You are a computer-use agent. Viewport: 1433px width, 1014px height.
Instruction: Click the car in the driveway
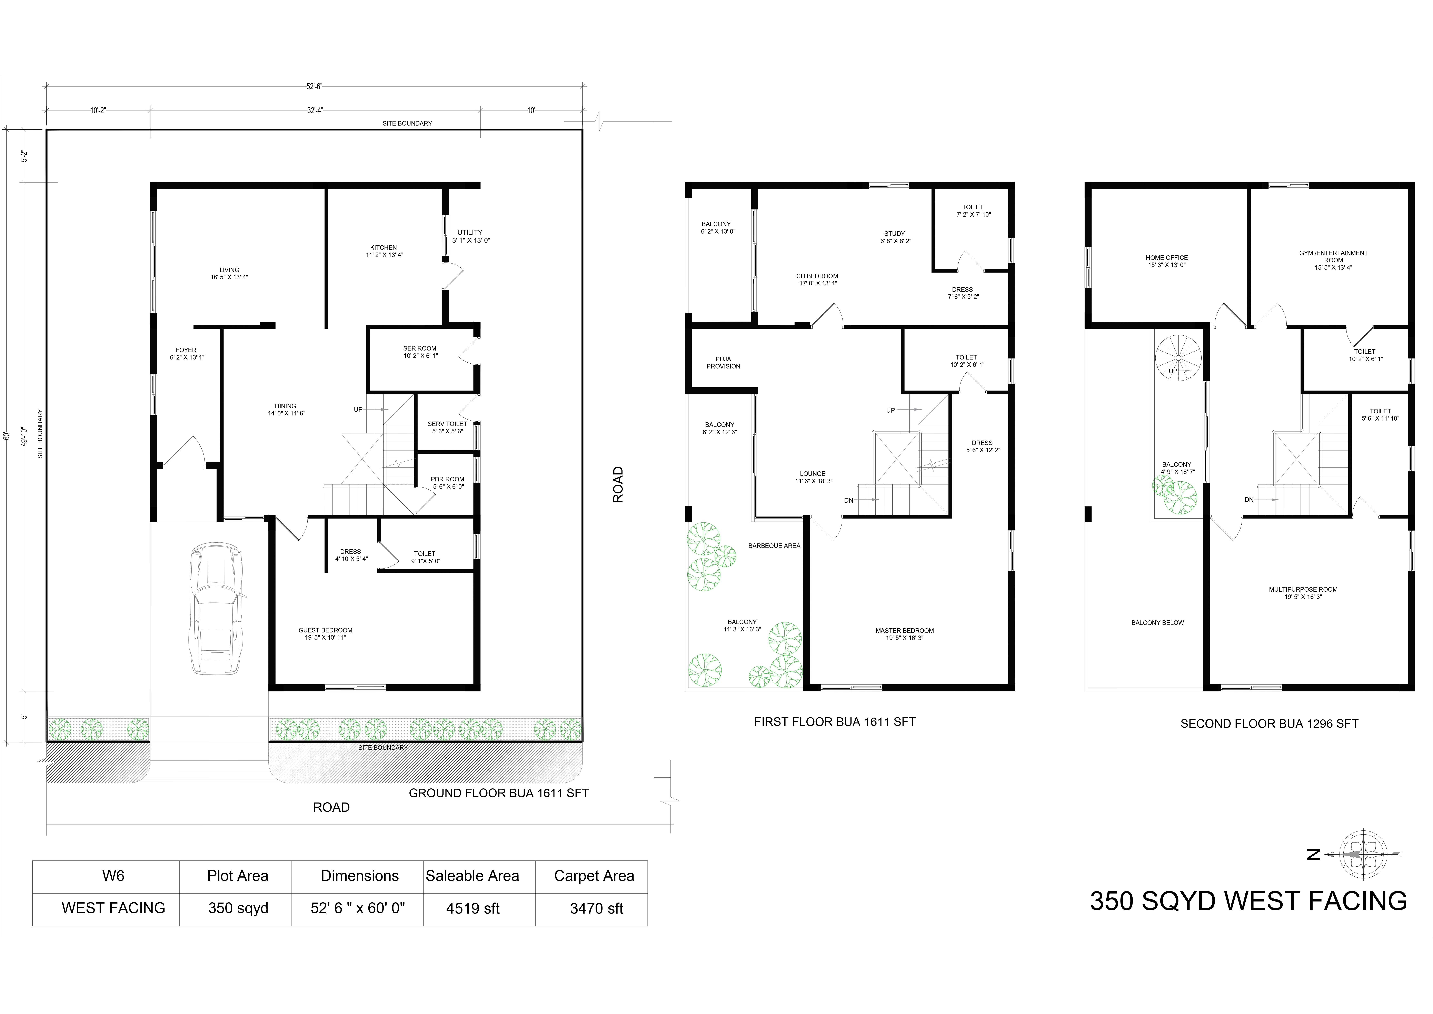click(x=215, y=609)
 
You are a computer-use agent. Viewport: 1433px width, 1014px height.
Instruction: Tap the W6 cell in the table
click(x=113, y=876)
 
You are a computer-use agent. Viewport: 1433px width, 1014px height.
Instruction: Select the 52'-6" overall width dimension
click(x=314, y=87)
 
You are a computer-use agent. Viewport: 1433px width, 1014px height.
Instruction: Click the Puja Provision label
click(x=723, y=363)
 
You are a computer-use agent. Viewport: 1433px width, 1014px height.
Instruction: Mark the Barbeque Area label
click(x=774, y=546)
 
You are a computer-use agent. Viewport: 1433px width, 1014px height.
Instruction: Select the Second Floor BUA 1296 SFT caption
click(x=1270, y=724)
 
